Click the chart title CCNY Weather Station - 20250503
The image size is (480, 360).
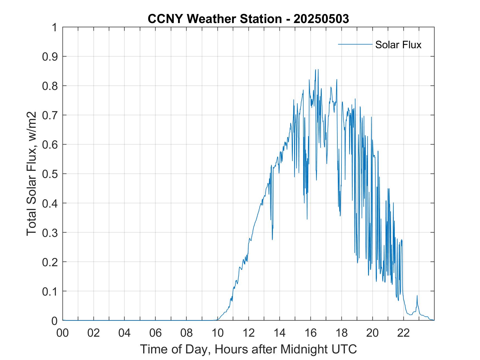click(248, 19)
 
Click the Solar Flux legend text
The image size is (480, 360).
click(398, 45)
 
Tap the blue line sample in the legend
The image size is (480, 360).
click(355, 44)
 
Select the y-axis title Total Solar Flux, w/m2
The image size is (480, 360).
click(32, 174)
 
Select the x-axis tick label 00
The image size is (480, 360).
click(63, 333)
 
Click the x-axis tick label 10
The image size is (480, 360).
click(218, 333)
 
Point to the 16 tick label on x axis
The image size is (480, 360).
click(311, 333)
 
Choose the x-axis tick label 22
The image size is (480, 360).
click(403, 333)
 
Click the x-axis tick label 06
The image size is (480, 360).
click(156, 333)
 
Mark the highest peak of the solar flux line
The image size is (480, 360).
click(315, 70)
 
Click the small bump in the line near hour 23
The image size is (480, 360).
click(417, 296)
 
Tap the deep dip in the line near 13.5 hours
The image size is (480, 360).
click(272, 239)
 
